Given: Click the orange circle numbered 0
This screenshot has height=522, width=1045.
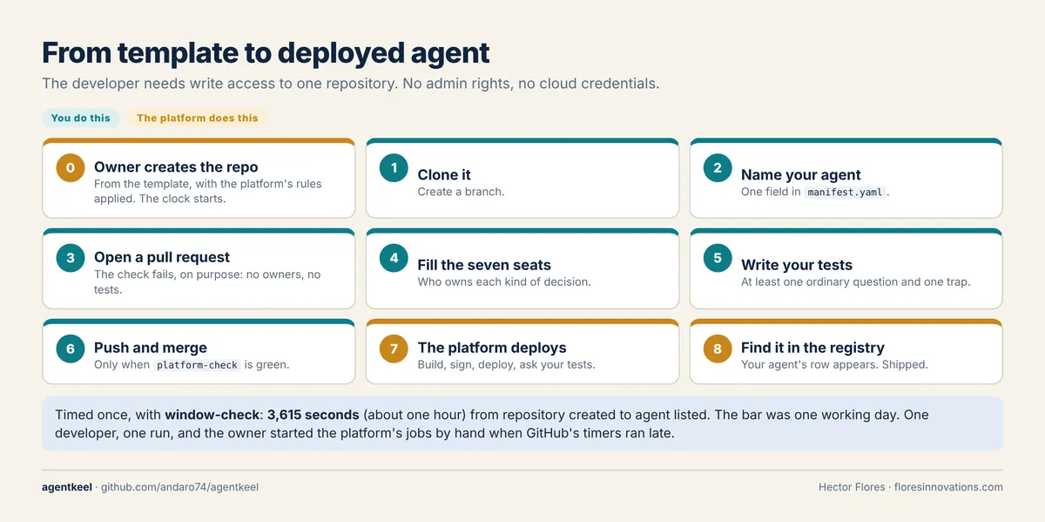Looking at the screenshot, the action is click(x=71, y=167).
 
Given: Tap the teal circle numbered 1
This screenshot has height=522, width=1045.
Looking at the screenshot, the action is click(x=394, y=167).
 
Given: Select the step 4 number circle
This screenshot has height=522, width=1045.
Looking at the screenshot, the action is click(x=394, y=258).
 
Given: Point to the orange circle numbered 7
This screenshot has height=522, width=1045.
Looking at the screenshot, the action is click(x=394, y=349).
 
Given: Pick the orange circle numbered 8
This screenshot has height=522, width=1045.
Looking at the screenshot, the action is click(x=718, y=349).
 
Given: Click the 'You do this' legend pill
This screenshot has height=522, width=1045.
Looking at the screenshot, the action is click(x=81, y=118).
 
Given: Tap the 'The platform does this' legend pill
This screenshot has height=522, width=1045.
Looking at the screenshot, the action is click(x=198, y=118).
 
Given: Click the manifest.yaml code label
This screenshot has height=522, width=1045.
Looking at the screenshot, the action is click(x=845, y=192).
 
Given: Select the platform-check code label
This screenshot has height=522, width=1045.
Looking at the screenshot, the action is click(x=197, y=364).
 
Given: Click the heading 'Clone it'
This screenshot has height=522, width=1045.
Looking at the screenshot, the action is click(x=444, y=174).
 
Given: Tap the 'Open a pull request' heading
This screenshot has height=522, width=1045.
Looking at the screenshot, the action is click(x=162, y=257).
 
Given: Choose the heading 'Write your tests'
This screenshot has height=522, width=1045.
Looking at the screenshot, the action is click(x=797, y=265).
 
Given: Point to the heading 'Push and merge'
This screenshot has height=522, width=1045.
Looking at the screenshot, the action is click(x=150, y=348).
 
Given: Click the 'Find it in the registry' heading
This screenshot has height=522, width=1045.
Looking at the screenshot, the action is click(x=812, y=348).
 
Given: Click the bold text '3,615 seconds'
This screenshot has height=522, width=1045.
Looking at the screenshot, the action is click(x=313, y=415).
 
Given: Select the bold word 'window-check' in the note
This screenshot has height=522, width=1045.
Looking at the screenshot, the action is click(x=212, y=415).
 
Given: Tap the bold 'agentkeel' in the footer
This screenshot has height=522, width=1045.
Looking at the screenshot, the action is click(x=67, y=487).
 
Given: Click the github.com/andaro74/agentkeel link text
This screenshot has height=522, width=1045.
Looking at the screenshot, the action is click(x=179, y=487).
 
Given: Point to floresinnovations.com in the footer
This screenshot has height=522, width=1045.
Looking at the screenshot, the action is click(x=948, y=487).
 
